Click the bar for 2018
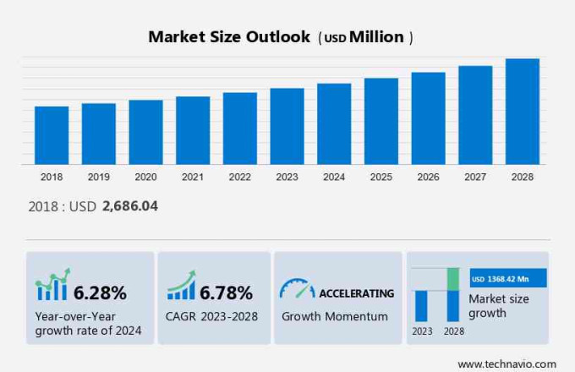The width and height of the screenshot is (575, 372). coord(52,135)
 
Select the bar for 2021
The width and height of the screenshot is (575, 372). coord(193,130)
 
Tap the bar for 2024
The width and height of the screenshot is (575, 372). coord(334,123)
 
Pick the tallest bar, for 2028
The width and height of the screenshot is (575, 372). coord(523,111)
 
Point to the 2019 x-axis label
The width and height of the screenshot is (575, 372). coord(99,177)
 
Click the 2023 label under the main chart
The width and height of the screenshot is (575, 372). coord(287,177)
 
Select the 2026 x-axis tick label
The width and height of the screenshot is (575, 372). coord(428,177)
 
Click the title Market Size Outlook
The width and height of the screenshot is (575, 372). coord(228,37)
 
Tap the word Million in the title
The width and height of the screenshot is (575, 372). coord(377,37)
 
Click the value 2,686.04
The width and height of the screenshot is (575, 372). coord(130,205)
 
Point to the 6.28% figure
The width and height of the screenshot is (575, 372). coord(100,293)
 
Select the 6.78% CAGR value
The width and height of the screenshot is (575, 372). coord(226,293)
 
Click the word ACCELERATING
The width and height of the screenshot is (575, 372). coord(356,293)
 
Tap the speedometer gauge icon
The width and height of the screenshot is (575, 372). coord(297,288)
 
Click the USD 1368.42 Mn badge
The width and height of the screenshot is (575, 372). coord(508,278)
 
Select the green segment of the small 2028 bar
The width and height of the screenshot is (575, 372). coord(453,279)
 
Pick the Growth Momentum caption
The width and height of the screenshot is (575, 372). coord(335,316)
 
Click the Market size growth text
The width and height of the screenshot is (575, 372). coord(499,306)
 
